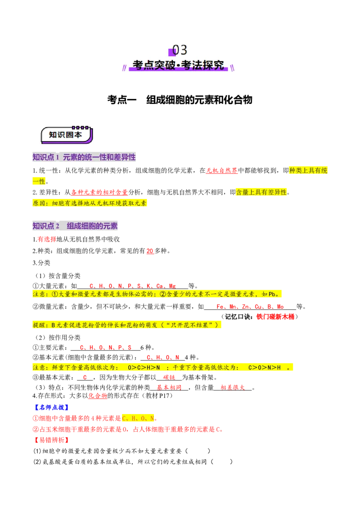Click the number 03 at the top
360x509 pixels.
point(180,50)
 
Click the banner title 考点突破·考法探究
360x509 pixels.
point(178,65)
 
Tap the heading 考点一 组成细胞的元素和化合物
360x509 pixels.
point(180,100)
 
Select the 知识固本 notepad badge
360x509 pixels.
point(67,135)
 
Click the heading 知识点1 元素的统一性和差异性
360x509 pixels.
point(84,157)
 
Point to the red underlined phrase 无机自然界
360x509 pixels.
point(222,170)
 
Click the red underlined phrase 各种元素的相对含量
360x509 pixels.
point(99,192)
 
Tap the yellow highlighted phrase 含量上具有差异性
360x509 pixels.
point(261,192)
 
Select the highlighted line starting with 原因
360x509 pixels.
point(90,203)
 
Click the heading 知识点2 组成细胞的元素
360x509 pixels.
point(75,226)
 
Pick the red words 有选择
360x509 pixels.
point(47,239)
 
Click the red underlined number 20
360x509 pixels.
point(150,251)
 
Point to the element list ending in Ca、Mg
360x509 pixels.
point(133,286)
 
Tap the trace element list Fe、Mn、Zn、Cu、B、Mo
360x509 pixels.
point(250,307)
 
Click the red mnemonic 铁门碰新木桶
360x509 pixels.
point(275,317)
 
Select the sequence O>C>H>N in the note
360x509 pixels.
point(144,367)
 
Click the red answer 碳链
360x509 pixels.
point(169,377)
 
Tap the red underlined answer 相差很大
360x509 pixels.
point(233,387)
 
